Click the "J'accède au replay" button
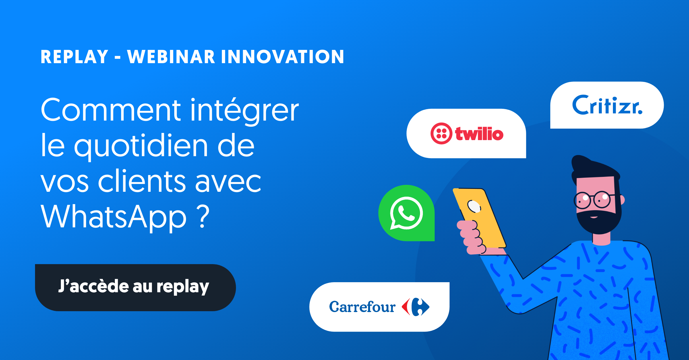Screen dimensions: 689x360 coord(135,287)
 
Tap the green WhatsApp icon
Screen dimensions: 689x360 coord(407,213)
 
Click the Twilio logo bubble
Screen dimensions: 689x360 coord(466,133)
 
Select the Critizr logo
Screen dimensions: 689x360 coord(607,105)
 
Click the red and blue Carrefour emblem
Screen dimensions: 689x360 coord(415,307)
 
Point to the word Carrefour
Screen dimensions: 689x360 coord(362,307)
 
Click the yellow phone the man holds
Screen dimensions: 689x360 coord(479,218)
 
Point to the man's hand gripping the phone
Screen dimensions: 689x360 coord(472,237)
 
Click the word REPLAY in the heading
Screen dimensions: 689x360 coord(74,57)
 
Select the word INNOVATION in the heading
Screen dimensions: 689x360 coord(282,57)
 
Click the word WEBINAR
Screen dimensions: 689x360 coord(171,57)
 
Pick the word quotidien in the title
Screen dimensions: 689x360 coord(141,146)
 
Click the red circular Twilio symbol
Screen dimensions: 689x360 coord(441,133)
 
